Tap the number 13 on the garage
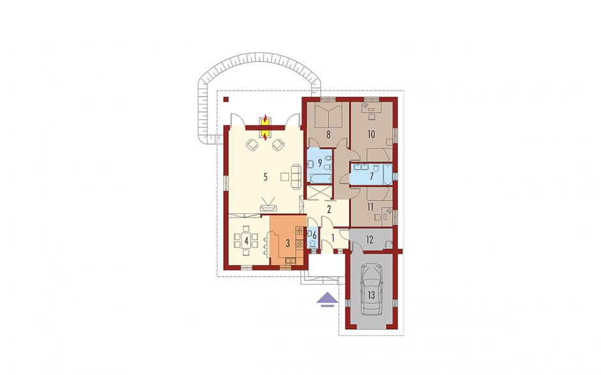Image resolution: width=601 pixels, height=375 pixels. tap(371, 295)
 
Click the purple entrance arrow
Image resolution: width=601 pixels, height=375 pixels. tap(327, 300)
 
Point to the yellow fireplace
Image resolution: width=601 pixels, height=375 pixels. tap(265, 128)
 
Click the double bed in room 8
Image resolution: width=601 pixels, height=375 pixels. tap(328, 114)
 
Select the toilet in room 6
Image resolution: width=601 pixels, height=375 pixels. tap(313, 244)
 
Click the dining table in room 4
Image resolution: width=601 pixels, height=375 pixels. tap(246, 241)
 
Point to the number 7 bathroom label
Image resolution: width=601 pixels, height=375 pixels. tap(371, 176)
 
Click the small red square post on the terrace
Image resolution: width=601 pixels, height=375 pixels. tap(226, 100)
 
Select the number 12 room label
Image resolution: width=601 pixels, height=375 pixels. tap(370, 240)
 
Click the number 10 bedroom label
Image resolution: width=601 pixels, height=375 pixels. tap(371, 134)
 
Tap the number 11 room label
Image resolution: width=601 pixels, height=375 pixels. tap(370, 207)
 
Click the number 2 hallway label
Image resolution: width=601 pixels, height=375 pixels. tap(329, 209)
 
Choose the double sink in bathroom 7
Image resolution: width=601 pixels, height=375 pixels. tap(361, 167)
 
